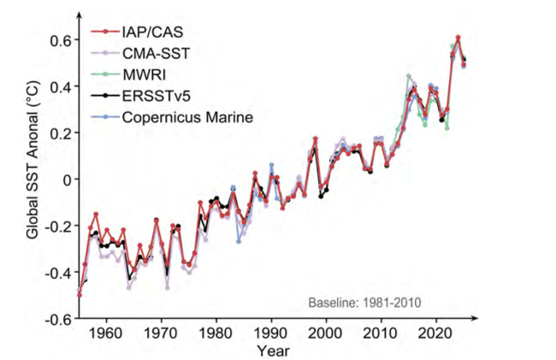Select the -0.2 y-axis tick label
(x=56, y=227)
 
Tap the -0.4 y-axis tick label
(x=56, y=273)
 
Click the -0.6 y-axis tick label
(x=56, y=319)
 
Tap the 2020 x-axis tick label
(x=436, y=333)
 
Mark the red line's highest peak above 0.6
(x=458, y=38)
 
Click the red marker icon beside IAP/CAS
(x=105, y=33)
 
